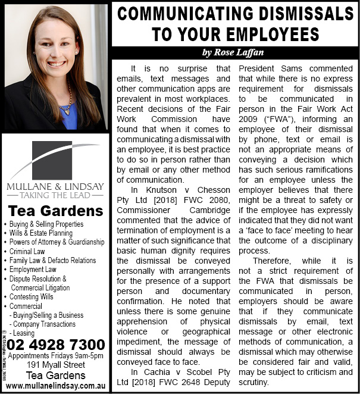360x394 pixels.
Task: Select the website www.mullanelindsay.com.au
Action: click(56, 386)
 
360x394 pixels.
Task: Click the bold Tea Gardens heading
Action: click(56, 211)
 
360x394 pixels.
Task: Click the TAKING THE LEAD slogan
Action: click(55, 195)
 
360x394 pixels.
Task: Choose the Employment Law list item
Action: click(35, 269)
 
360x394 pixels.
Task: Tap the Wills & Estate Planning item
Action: click(41, 233)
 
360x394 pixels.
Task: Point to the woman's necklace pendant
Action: click(67, 108)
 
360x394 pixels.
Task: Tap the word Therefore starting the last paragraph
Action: click(273, 260)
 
